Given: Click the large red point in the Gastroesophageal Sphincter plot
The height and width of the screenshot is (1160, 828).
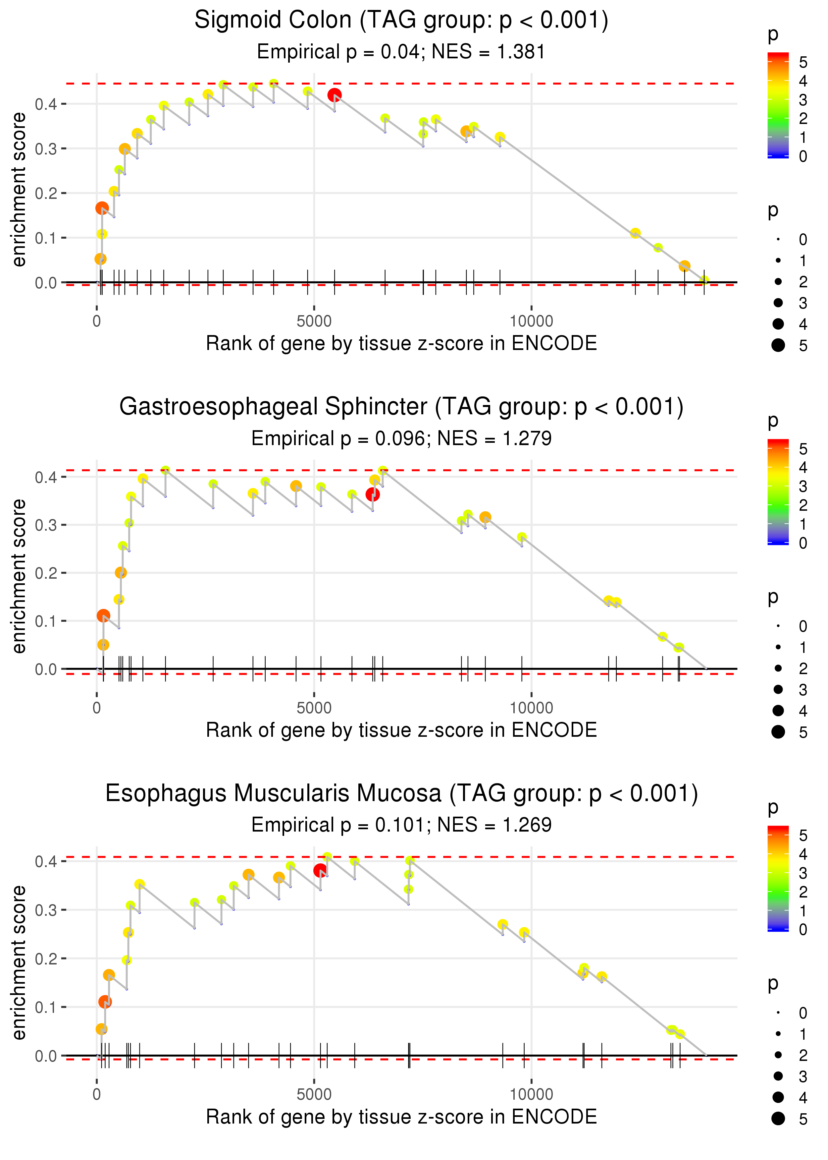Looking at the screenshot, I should point(373,494).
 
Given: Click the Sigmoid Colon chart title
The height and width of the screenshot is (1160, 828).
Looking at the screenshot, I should point(401,21).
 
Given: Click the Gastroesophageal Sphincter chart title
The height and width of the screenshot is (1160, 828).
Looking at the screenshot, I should point(401,407).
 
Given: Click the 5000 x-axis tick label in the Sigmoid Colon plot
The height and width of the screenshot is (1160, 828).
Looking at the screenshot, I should point(314,321).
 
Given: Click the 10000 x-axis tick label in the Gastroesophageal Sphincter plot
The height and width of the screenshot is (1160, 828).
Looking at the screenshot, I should point(531,708).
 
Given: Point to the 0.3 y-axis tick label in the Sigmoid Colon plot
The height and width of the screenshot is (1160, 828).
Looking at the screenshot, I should point(46,149).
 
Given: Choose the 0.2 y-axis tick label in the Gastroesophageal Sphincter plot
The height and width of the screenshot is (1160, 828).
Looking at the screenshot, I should point(46,573).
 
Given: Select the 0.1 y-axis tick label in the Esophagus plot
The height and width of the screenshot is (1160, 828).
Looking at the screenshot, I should point(46,1008).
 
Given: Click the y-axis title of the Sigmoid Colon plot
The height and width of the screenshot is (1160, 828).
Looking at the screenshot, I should point(19,190).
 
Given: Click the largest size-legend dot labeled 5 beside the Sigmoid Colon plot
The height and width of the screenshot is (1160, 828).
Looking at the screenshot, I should point(778,345).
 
